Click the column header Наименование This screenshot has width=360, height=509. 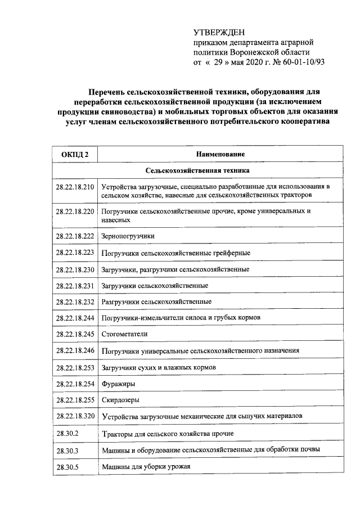(220, 154)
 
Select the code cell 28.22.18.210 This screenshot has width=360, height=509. (75, 186)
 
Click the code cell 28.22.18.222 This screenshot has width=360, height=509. (75, 236)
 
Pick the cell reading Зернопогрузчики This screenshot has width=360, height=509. (128, 236)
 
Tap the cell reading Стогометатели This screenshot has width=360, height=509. (124, 334)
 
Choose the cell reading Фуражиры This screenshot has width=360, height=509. (116, 383)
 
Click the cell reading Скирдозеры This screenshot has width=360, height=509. (120, 400)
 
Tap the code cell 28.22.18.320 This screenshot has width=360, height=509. (75, 416)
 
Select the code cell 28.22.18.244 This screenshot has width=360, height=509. (75, 318)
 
